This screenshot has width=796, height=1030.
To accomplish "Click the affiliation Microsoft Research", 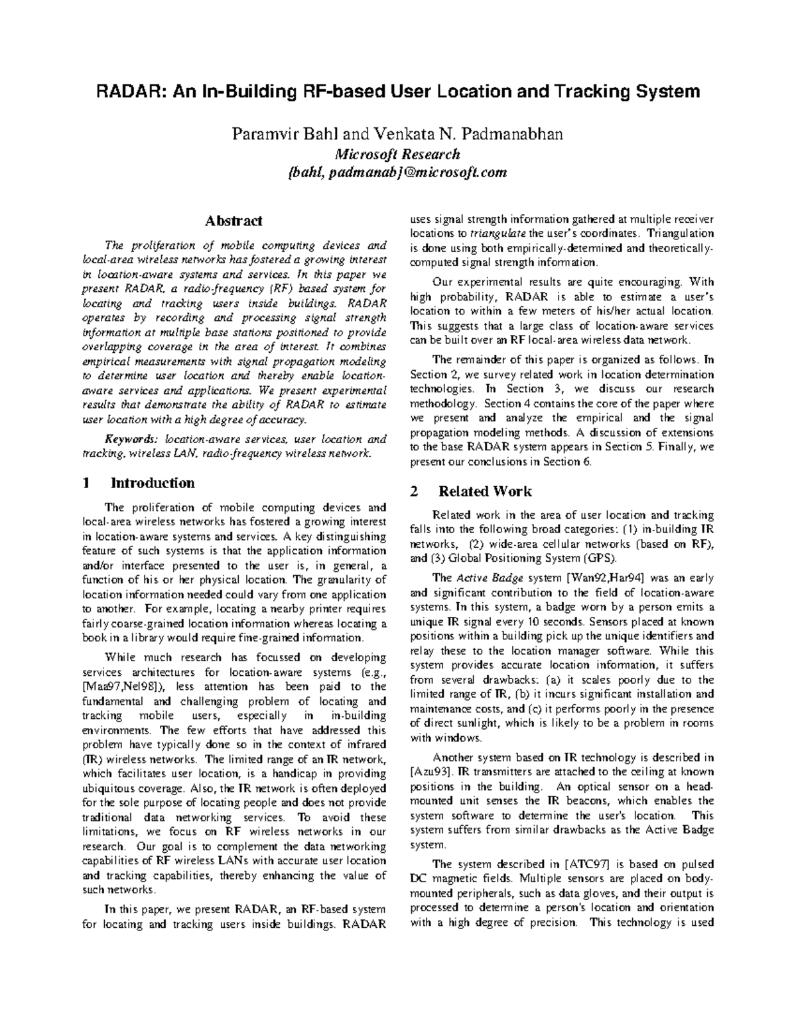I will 397,155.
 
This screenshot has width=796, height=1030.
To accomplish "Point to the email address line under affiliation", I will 397,172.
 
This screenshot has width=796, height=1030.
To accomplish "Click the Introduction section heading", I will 153,483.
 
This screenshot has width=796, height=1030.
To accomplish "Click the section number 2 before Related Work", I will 415,491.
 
